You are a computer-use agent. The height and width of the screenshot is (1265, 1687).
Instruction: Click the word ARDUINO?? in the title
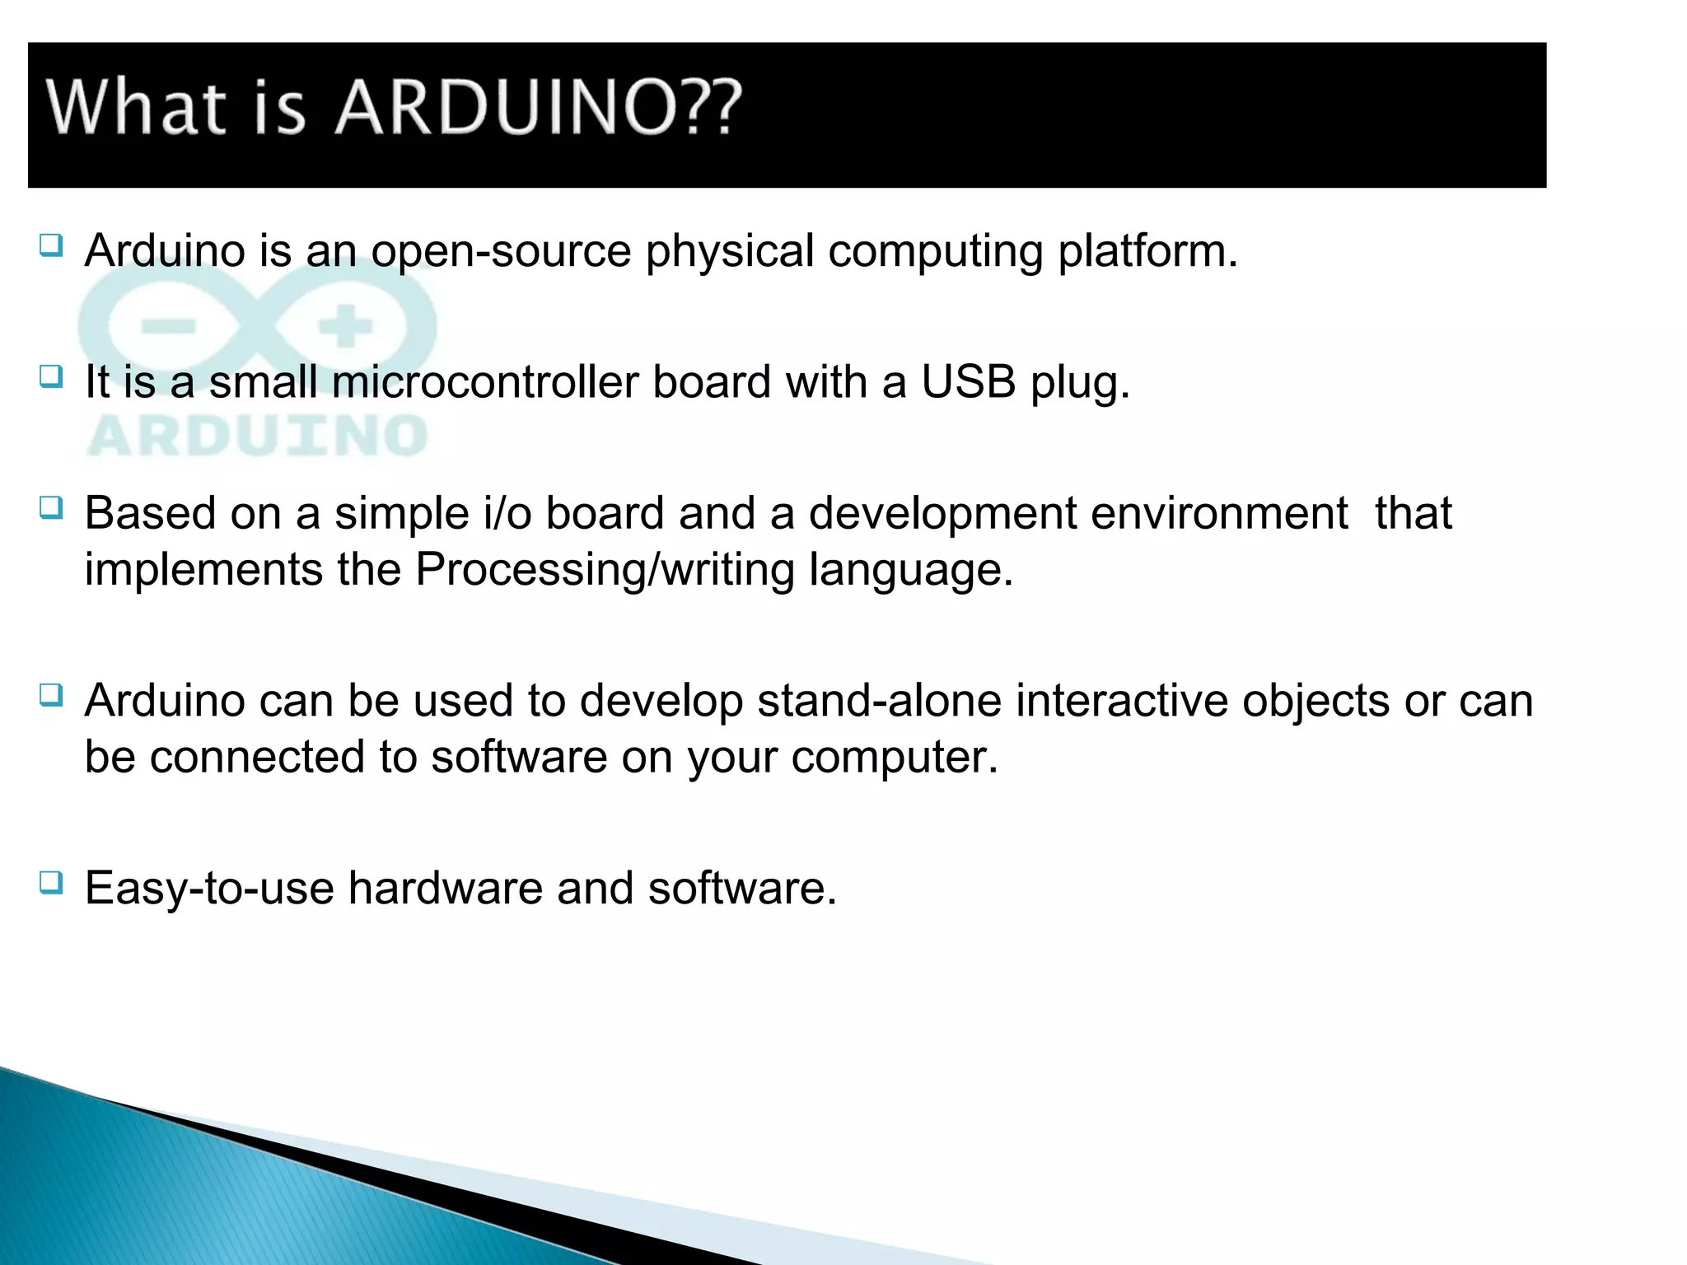tap(538, 108)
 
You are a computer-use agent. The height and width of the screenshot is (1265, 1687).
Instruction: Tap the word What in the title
tap(136, 108)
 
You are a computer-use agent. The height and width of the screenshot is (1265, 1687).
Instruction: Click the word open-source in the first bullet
tap(501, 251)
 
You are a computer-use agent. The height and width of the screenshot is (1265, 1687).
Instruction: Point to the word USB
tap(968, 382)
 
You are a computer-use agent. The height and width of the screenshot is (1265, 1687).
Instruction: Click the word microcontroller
tap(485, 382)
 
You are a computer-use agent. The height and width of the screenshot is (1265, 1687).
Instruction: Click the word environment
tap(1219, 513)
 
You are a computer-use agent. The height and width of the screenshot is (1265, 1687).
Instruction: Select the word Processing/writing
tap(605, 570)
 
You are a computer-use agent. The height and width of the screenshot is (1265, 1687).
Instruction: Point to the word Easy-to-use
tap(209, 889)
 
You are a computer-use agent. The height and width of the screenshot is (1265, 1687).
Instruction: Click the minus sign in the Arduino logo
tap(169, 327)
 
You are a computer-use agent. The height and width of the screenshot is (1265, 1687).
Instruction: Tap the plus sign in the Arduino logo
tap(346, 327)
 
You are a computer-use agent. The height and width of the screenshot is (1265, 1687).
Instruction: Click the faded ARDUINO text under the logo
tap(257, 436)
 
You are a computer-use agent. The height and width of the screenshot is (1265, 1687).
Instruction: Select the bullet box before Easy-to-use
tap(50, 883)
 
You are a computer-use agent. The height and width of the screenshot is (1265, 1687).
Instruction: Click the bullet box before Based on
tap(50, 507)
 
